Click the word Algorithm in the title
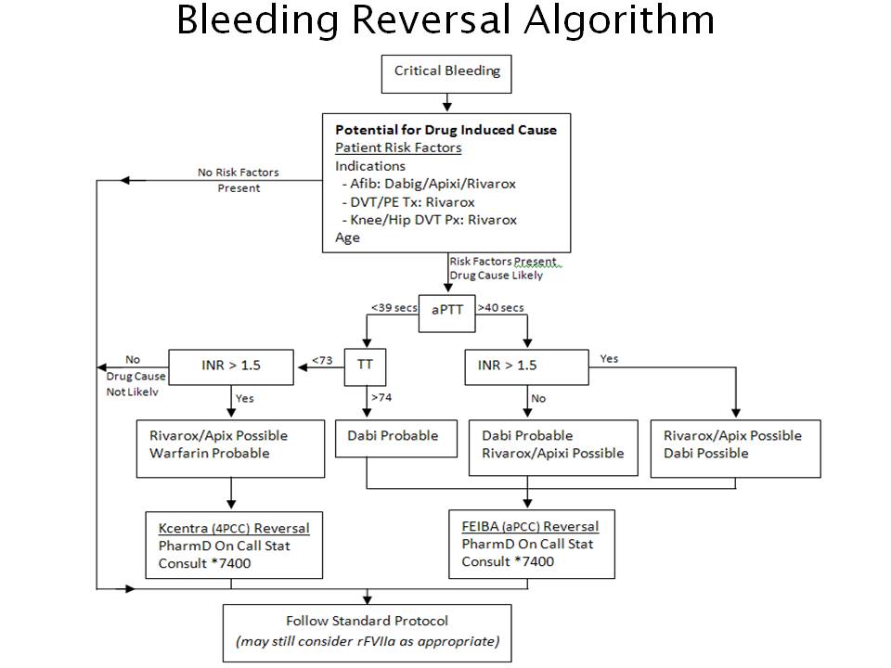619,19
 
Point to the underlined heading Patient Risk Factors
398,148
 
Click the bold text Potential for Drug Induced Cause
446,130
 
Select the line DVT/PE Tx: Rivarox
408,202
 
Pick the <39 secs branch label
394,307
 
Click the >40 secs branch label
500,307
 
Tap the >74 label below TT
381,397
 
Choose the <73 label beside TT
322,360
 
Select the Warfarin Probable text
209,454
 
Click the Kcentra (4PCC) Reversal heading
234,528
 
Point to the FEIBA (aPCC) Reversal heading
530,527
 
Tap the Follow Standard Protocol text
368,621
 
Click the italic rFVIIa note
368,641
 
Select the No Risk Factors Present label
239,180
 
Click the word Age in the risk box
347,238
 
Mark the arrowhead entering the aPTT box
447,288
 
